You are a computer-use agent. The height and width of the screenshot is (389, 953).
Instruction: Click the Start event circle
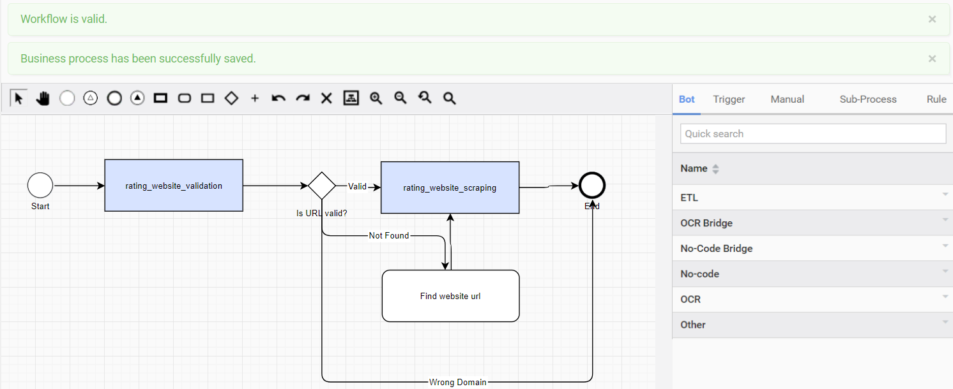(40, 185)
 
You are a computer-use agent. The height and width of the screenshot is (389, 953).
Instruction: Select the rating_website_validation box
(174, 186)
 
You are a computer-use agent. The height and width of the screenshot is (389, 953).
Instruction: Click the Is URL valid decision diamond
(322, 186)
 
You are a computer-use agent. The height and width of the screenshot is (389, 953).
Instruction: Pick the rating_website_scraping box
(450, 187)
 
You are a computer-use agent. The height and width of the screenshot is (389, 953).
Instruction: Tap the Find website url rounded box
(450, 296)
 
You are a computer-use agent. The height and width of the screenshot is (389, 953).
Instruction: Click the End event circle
(592, 186)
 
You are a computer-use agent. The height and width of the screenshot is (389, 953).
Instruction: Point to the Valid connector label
(358, 186)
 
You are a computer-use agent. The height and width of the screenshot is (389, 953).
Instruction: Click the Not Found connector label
(388, 235)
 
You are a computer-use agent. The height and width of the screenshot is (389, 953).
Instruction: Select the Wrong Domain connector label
(457, 382)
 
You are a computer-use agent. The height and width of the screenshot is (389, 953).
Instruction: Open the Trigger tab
(729, 99)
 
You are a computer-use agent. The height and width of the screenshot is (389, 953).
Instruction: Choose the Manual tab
(787, 99)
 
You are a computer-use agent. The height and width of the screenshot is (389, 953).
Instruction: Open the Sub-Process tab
(868, 99)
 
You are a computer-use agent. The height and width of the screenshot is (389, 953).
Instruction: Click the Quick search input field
(813, 134)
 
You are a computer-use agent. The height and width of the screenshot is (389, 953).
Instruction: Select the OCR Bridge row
(812, 223)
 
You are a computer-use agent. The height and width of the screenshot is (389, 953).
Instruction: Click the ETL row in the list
(812, 198)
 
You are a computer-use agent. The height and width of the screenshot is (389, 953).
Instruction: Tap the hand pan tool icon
(43, 98)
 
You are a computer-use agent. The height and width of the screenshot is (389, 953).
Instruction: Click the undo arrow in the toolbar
(278, 98)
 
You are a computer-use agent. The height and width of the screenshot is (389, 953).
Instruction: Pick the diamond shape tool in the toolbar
(231, 98)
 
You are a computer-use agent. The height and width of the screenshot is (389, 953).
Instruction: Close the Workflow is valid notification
(932, 19)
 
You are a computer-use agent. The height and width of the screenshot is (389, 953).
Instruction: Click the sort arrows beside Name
(715, 169)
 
